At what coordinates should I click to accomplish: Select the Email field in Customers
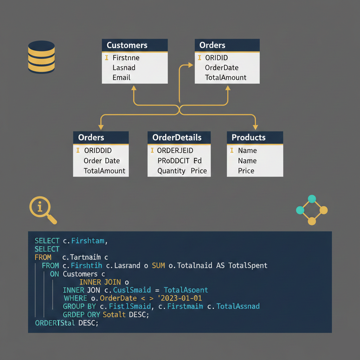121,78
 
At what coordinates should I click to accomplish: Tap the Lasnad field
124,67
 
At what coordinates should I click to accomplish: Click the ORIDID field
216,58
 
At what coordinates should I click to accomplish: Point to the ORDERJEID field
175,150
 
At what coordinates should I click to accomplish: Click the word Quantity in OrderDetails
171,171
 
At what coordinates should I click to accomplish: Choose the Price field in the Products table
246,171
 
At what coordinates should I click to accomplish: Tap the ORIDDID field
98,150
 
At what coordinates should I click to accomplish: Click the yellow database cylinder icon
41,57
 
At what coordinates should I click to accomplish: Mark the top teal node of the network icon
312,199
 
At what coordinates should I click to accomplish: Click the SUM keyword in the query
158,265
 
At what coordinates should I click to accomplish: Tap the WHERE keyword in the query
75,298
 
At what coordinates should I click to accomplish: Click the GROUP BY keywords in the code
79,307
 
